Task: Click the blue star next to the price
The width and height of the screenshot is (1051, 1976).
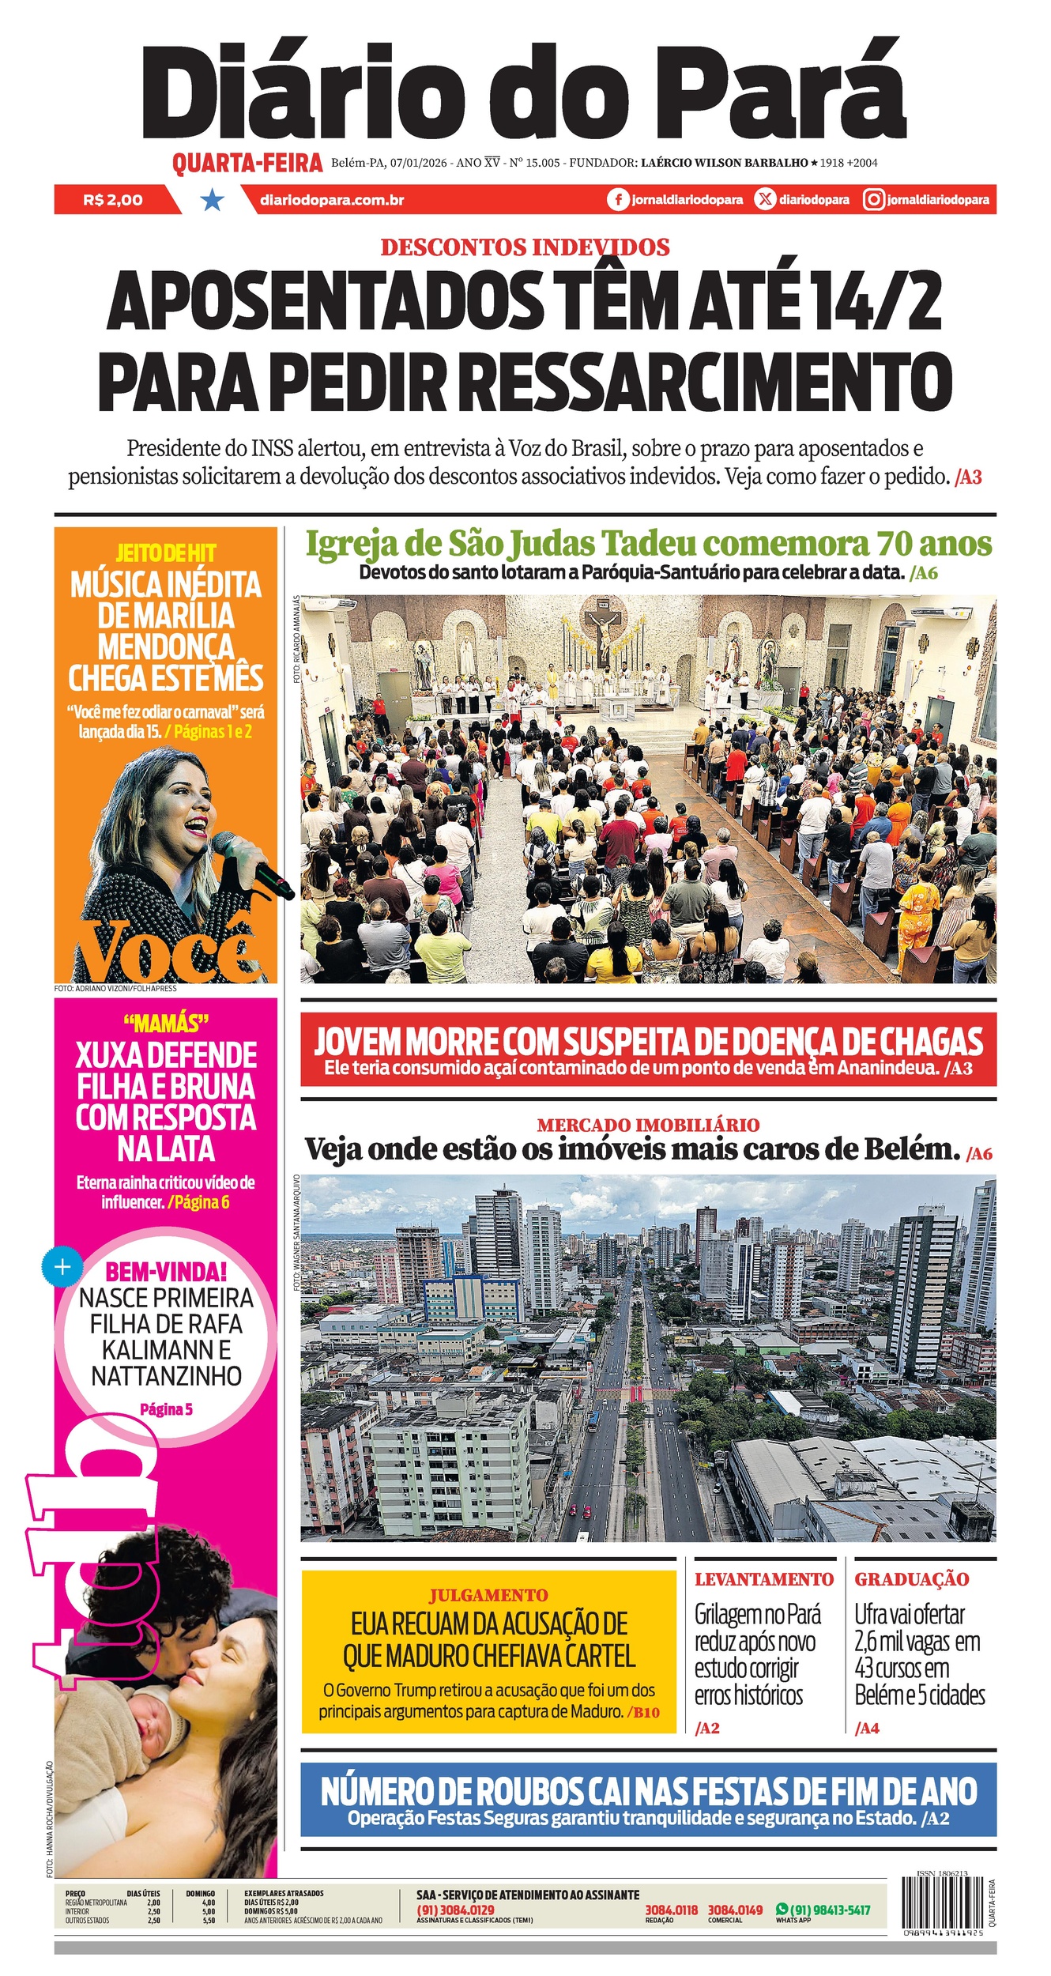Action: pyautogui.click(x=212, y=200)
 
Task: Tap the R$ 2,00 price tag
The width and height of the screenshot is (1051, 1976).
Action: pyautogui.click(x=113, y=200)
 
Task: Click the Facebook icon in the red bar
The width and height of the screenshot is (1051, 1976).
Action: pyautogui.click(x=618, y=200)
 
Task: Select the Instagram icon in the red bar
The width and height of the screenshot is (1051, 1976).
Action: pyautogui.click(x=873, y=200)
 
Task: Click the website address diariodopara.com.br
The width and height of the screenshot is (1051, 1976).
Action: pyautogui.click(x=332, y=200)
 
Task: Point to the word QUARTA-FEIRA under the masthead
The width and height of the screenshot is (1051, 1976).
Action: pyautogui.click(x=247, y=163)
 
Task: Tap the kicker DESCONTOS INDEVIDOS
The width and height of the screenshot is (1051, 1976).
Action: pyautogui.click(x=525, y=247)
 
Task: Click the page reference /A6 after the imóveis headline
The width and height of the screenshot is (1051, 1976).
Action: pyautogui.click(x=979, y=1154)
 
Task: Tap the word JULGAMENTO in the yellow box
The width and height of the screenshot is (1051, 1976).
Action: pyautogui.click(x=488, y=1595)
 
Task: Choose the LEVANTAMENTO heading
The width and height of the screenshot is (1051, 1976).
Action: pyautogui.click(x=764, y=1579)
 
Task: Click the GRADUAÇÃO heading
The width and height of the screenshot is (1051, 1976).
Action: pyautogui.click(x=911, y=1579)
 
